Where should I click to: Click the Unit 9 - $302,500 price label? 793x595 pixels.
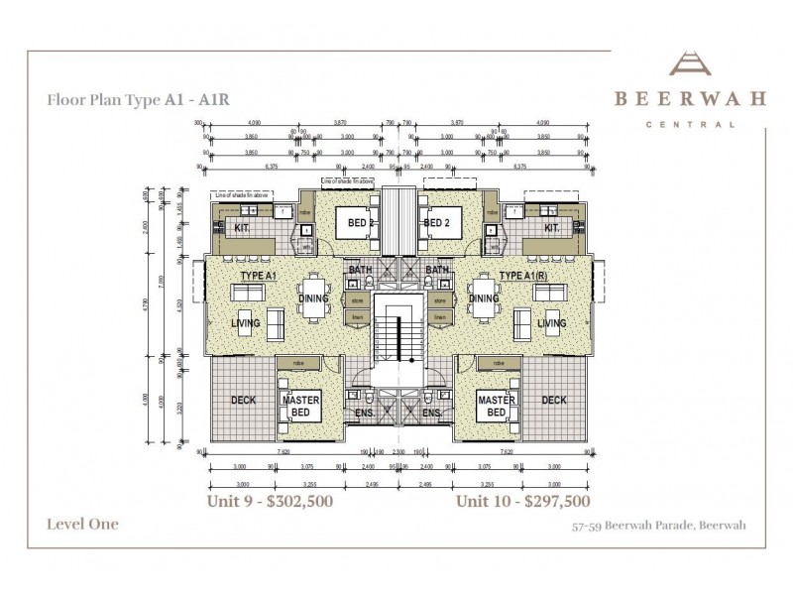pyautogui.click(x=269, y=502)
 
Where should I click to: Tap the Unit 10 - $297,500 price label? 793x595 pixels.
pyautogui.click(x=522, y=502)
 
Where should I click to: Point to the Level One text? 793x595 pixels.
pyautogui.click(x=82, y=524)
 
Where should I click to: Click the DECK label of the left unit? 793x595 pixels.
pyautogui.click(x=243, y=401)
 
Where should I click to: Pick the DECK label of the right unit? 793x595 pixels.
pyautogui.click(x=554, y=401)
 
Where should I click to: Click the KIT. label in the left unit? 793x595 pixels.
pyautogui.click(x=242, y=228)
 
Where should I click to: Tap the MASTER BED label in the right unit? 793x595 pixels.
pyautogui.click(x=497, y=406)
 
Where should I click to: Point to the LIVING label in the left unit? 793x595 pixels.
pyautogui.click(x=245, y=323)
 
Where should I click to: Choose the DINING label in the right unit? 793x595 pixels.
pyautogui.click(x=484, y=298)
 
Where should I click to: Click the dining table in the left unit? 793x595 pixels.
pyautogui.click(x=314, y=298)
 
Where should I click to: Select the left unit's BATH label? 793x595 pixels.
pyautogui.click(x=359, y=269)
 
